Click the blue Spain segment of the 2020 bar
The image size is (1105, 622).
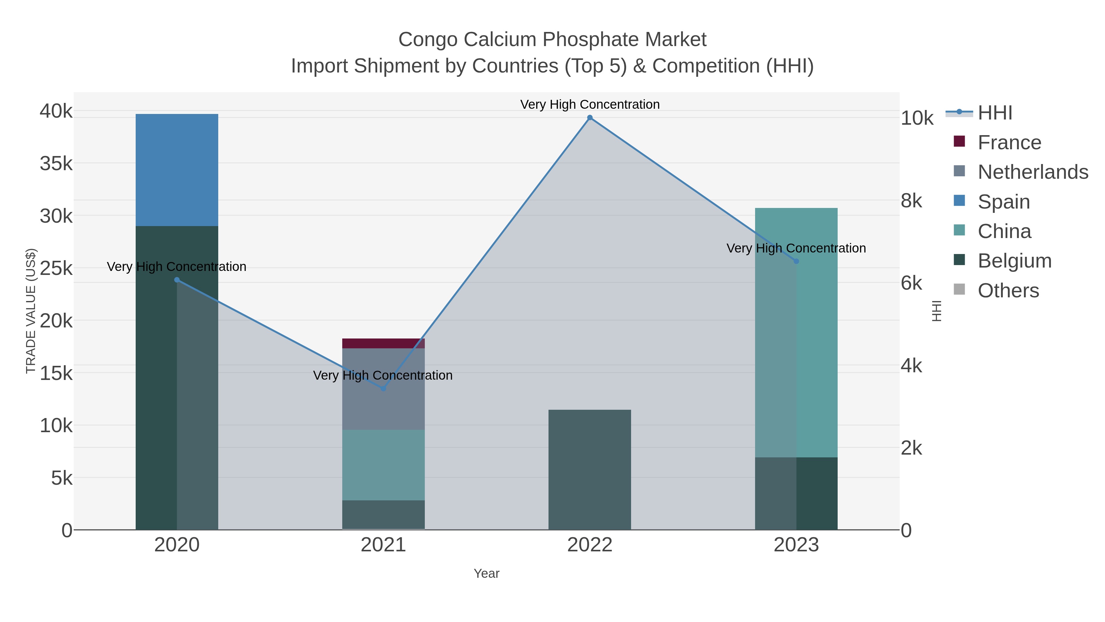[177, 170]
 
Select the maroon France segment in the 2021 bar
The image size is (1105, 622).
[383, 343]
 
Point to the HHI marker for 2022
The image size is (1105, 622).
[590, 118]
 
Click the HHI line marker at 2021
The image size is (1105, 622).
[383, 389]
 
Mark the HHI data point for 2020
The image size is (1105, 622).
[177, 280]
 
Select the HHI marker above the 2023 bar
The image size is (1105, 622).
[796, 261]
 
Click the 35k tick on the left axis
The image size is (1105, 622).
[56, 163]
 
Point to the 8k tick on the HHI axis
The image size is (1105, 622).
[911, 201]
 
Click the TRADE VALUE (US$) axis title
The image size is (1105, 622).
[31, 311]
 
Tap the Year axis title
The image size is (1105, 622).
[487, 573]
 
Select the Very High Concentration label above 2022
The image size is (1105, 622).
[590, 104]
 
